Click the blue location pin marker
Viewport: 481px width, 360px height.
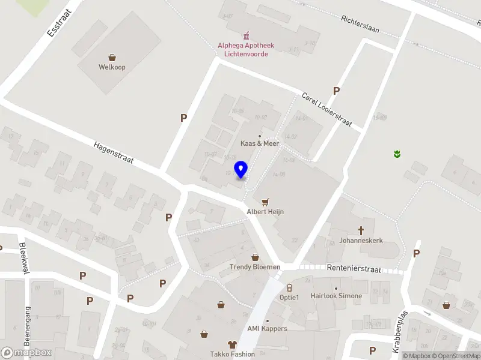coord(241,170)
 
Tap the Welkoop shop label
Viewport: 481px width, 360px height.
coord(112,67)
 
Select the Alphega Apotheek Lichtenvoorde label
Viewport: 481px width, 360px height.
coord(246,49)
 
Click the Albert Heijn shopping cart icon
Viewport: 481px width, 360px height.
coord(265,201)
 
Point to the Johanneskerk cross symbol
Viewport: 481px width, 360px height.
coord(361,230)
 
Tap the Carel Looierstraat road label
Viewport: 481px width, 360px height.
coord(326,109)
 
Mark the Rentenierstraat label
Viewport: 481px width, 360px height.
coord(354,269)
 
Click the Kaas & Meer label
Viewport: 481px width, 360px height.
coord(260,143)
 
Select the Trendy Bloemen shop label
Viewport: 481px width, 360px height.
coord(255,266)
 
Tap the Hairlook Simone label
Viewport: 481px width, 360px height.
coord(336,296)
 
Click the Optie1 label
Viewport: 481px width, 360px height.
coord(289,298)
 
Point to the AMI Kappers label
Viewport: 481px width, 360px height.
coord(267,328)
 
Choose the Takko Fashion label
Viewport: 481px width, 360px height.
coord(232,354)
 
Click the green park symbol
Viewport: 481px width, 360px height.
coord(397,155)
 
